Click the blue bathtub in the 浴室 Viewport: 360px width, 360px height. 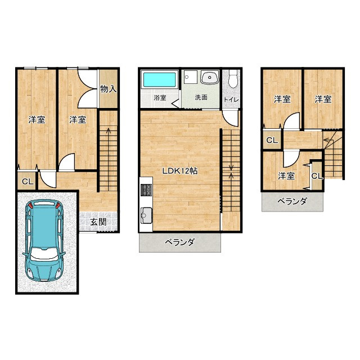(159, 79)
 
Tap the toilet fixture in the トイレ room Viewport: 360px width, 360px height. (233, 79)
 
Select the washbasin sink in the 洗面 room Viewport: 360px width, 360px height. (210, 77)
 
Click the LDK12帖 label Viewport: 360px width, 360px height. (180, 171)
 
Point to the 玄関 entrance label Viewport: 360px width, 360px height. (98, 222)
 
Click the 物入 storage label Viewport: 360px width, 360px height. (109, 89)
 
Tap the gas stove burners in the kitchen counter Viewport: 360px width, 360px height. (146, 190)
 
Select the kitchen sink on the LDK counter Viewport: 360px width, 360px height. (146, 215)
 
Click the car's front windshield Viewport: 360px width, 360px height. (44, 254)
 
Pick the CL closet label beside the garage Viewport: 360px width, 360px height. (28, 182)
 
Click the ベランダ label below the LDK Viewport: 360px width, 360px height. (180, 242)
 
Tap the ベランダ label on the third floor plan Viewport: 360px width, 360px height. (292, 201)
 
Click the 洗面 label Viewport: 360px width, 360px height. (201, 97)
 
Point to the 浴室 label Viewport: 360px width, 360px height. (160, 97)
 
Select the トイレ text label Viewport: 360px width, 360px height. (232, 100)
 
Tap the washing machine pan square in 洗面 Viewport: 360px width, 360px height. (191, 78)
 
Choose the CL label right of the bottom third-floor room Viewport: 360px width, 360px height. (317, 176)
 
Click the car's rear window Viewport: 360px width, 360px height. (44, 203)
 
